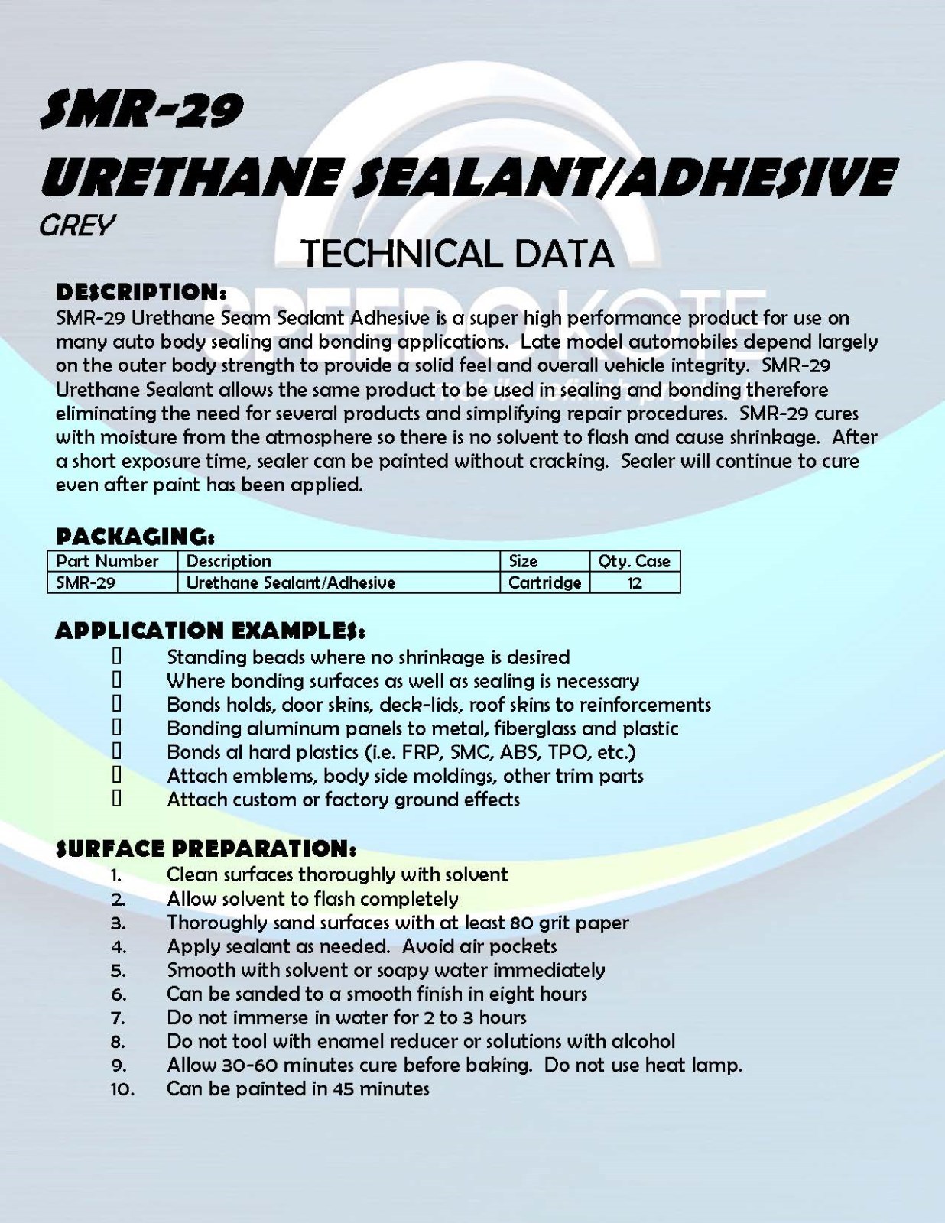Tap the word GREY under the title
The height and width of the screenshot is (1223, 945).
pos(77,225)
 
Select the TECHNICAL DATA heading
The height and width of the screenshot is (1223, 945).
pos(458,254)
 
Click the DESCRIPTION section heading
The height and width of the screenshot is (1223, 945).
pos(141,292)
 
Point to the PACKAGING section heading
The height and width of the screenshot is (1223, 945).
pos(135,535)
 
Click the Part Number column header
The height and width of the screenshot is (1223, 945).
pos(107,561)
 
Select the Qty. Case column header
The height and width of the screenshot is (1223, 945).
pos(634,561)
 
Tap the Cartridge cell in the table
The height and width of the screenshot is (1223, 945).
pos(544,582)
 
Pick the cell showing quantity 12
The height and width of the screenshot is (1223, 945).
pos(634,582)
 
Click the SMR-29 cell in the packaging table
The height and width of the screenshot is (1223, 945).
pos(86,582)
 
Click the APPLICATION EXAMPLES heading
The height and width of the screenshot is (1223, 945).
pos(209,631)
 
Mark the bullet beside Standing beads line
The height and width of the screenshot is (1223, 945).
pos(117,657)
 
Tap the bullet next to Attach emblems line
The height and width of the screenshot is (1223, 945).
pos(117,775)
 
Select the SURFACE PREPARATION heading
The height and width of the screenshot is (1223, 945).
pos(206,848)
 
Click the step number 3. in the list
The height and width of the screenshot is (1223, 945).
pos(118,923)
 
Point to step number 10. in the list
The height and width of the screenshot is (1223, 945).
pos(122,1089)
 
